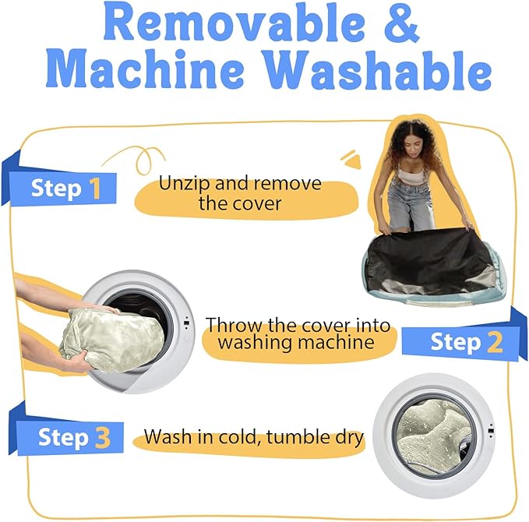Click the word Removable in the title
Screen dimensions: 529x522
coord(235,23)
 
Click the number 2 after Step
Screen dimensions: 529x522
coord(495,342)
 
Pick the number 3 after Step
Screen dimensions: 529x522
coord(103,437)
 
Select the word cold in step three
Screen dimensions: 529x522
coord(241,436)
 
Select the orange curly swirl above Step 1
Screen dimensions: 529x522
coord(142,159)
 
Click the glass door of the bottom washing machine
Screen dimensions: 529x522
coord(434,436)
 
